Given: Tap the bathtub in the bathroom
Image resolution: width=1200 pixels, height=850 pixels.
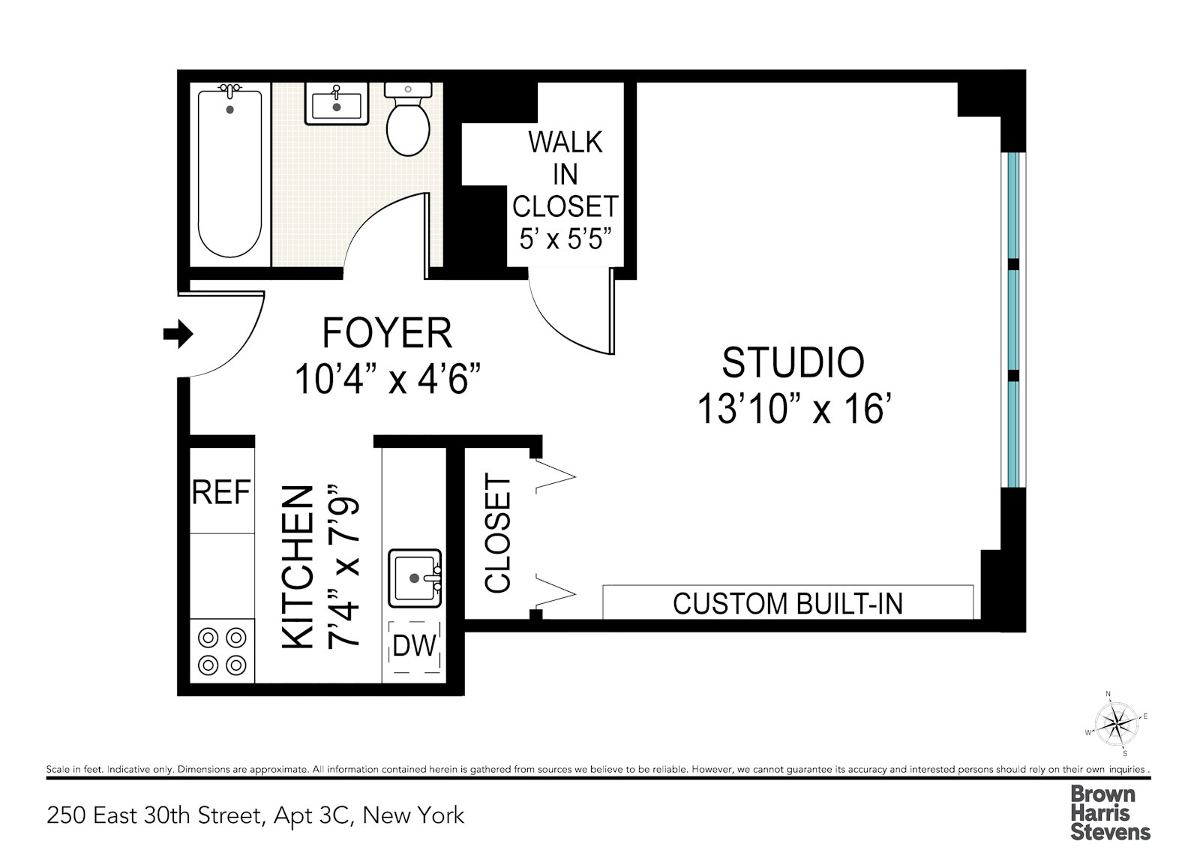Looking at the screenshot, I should point(229,174).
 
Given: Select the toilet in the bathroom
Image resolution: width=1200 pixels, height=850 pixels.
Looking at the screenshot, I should point(408,124).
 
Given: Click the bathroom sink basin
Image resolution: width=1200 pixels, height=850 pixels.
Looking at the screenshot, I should point(336,105).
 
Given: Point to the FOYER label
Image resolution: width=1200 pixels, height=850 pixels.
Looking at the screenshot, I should point(387,333).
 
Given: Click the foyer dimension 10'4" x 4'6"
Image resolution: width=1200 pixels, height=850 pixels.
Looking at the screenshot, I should point(387,379).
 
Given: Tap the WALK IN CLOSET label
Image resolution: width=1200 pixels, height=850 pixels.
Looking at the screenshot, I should point(565,173).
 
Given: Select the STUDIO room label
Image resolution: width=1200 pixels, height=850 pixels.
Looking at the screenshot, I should point(793,363).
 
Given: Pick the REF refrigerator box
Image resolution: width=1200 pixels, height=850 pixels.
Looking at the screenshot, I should point(221,491).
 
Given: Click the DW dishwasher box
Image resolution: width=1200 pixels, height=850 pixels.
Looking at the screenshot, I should point(415,646).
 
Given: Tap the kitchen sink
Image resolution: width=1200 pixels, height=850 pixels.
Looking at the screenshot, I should point(414,578).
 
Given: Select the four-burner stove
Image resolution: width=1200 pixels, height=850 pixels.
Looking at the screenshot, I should point(222,650).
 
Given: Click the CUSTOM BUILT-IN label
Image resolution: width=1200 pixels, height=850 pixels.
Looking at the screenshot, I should point(787,603).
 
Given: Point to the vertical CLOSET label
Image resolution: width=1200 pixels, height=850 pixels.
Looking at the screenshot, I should point(498,532).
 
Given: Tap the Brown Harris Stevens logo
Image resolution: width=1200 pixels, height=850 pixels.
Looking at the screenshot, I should point(1109,813).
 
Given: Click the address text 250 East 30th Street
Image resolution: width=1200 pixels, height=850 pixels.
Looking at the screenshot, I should point(255,815).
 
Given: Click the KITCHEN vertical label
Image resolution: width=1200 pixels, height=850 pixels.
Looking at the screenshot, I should point(297,567).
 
